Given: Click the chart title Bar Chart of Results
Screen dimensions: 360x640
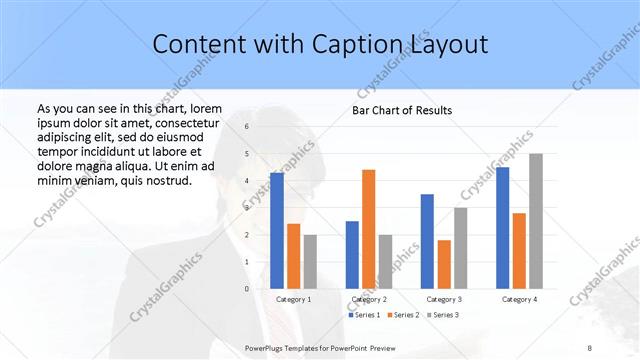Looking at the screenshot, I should click(x=401, y=110).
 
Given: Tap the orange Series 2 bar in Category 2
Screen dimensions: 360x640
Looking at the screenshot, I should click(x=368, y=229).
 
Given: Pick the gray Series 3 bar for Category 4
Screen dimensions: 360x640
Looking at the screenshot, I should click(x=536, y=221).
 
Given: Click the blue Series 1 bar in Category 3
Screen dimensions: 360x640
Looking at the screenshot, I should click(x=427, y=241).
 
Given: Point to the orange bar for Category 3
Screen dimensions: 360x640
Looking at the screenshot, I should click(x=444, y=264).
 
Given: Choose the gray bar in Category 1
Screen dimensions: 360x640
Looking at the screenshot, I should click(x=310, y=261).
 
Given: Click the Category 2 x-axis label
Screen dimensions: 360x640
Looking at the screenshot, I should click(x=369, y=299).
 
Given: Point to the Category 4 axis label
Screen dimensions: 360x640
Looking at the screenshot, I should click(x=519, y=299).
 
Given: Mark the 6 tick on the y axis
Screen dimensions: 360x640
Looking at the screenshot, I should click(x=247, y=127).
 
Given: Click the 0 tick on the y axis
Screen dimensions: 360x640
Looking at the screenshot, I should click(x=247, y=288).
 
